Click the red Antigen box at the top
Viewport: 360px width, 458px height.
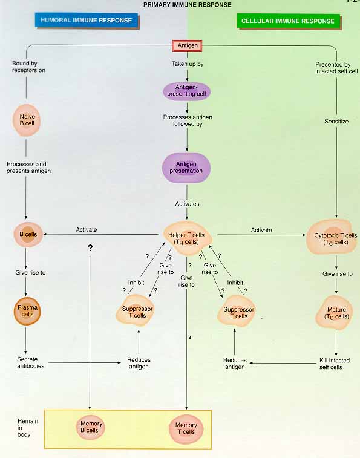click(188, 45)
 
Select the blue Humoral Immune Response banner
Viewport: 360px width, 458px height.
click(87, 21)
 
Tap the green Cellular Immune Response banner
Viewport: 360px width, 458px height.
click(288, 21)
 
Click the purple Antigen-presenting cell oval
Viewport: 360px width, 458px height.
click(187, 91)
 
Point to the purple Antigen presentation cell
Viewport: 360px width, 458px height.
click(186, 168)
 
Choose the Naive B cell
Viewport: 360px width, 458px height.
click(27, 120)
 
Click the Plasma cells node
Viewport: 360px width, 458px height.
click(27, 311)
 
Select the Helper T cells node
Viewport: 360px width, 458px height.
click(187, 238)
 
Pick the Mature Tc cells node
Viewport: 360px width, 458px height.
click(335, 313)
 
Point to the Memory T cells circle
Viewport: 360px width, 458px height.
click(186, 428)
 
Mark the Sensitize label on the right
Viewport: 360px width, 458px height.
click(336, 122)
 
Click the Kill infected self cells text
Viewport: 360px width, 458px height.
click(334, 364)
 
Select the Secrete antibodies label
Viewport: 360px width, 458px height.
click(31, 362)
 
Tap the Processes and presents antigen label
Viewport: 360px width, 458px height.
click(28, 168)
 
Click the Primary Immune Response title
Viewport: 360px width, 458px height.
click(188, 5)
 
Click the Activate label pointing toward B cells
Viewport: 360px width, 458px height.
click(86, 229)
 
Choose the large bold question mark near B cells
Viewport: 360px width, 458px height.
click(90, 248)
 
